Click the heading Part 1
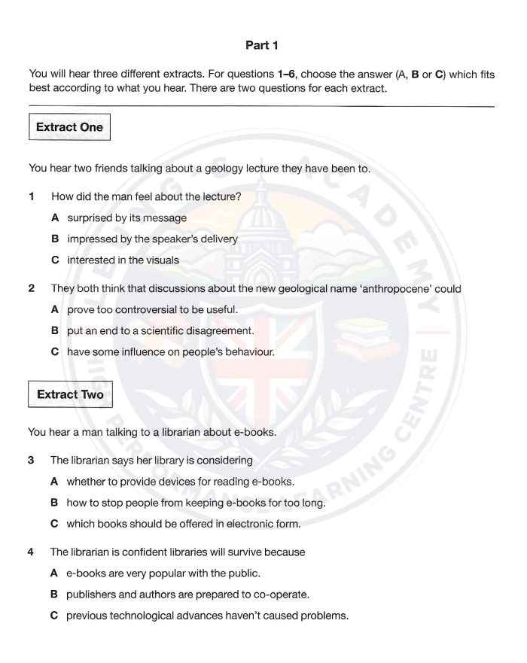[x=262, y=45]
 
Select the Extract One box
[x=69, y=127]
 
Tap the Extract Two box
[x=70, y=394]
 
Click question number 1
[x=32, y=197]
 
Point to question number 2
[x=32, y=288]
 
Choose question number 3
[x=32, y=460]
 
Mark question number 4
[x=31, y=552]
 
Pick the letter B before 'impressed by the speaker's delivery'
[x=55, y=239]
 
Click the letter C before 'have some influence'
[x=55, y=351]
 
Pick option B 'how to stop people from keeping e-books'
[x=196, y=502]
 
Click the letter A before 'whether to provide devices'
[x=54, y=481]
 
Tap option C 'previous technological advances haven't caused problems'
[x=207, y=616]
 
